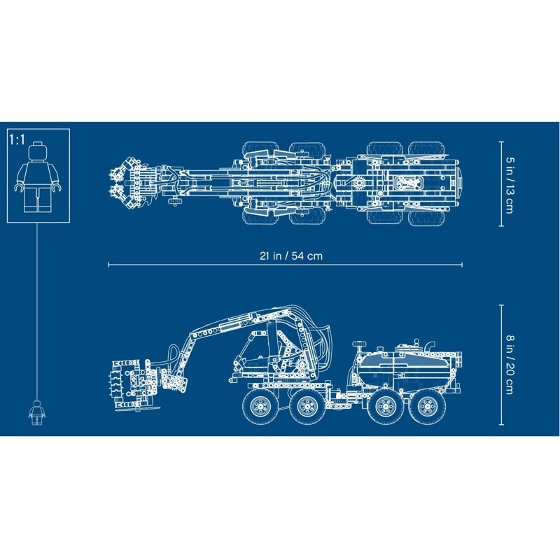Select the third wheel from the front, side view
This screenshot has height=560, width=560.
380,408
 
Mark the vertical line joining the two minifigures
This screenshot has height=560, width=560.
34,308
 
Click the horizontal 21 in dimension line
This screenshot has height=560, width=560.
210,265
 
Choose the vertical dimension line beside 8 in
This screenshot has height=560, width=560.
502,363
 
